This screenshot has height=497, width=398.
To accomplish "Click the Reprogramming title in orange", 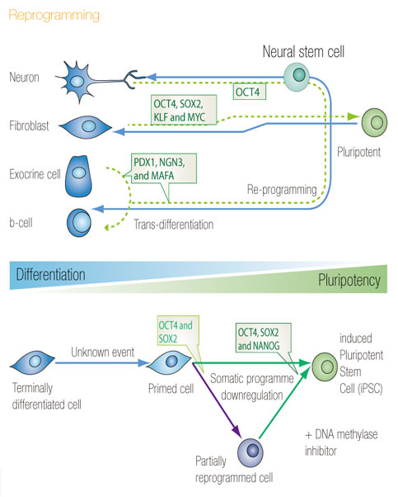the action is [x=54, y=16].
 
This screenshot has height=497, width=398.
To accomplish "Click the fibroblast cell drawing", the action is [x=86, y=127].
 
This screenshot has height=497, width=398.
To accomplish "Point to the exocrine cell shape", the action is [x=79, y=176].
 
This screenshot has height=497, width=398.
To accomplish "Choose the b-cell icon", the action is [x=79, y=223].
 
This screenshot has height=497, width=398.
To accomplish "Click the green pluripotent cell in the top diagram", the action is [x=374, y=123].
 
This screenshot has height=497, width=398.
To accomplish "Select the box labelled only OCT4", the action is [x=250, y=92].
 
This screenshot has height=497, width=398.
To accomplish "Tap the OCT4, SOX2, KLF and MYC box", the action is [x=184, y=110].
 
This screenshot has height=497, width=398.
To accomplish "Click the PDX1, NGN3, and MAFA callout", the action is [x=164, y=168].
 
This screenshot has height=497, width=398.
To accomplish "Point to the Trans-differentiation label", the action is [x=173, y=225].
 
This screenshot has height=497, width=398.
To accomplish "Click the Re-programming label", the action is [x=282, y=190].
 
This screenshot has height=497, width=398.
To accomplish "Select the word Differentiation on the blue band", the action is [x=50, y=274].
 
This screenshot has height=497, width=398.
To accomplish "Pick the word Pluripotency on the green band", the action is [x=349, y=280].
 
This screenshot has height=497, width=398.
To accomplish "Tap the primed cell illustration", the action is [x=169, y=362].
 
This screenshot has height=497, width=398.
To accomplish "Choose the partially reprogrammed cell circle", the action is [x=251, y=452].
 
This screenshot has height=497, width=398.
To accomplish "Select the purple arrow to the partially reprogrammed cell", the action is [x=217, y=400].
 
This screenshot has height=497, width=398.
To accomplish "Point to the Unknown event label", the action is [x=102, y=353].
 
